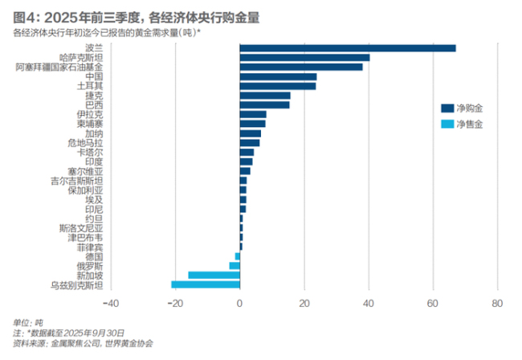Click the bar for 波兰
point(347,48)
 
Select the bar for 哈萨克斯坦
point(304,58)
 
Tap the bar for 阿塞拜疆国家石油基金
point(300,67)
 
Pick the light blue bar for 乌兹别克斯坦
point(206,284)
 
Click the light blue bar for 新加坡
point(214,275)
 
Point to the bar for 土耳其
point(277,86)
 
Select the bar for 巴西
point(264,104)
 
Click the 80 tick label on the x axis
point(497,304)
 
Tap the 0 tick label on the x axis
point(239,304)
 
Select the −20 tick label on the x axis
point(174,304)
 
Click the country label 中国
point(94,76)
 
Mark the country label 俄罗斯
point(89,265)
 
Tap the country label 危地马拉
point(85,142)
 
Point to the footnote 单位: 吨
point(29,323)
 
